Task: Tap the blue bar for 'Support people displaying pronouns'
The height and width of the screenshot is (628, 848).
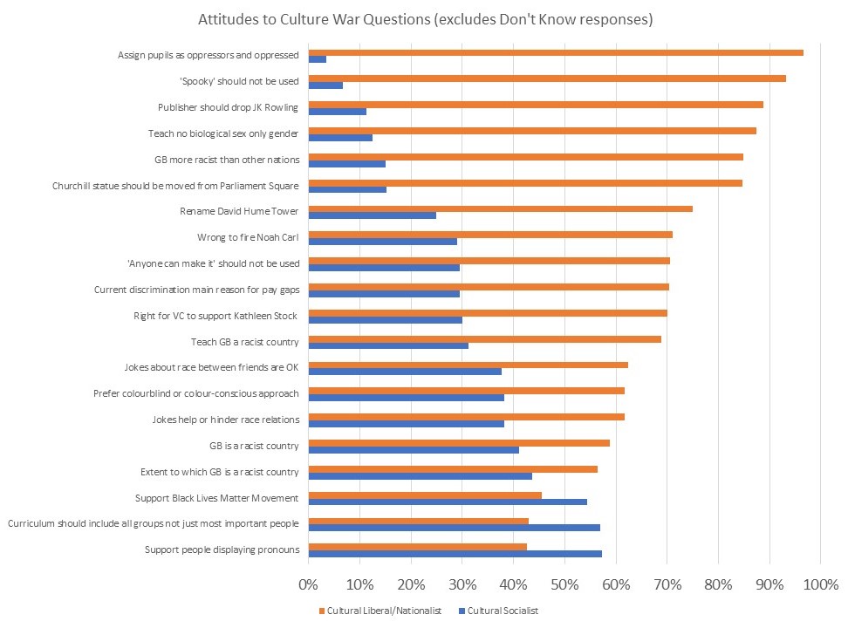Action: coord(455,553)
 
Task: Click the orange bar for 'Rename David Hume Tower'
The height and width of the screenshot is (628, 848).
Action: coord(501,208)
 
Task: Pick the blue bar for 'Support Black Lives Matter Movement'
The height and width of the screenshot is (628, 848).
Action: coord(448,502)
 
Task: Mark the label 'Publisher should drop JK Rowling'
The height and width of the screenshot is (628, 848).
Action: coord(229,107)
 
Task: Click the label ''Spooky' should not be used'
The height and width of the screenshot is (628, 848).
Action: coord(238,81)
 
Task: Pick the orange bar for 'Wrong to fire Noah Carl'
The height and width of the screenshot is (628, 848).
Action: coord(490,235)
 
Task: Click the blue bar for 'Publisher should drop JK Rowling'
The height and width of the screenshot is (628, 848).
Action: coord(338,112)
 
